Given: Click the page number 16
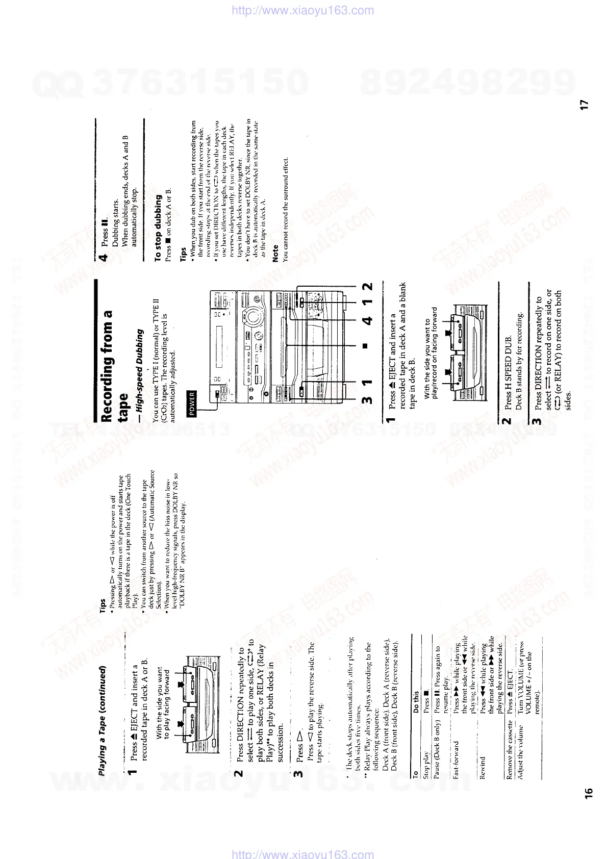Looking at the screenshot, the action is point(589,792).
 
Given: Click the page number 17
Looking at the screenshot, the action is point(585,104).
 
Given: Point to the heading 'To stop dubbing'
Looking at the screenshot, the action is point(158,226).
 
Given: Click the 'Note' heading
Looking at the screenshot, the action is point(275,254).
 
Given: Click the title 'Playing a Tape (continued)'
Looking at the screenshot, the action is point(103,720).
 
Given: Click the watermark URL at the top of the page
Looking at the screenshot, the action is point(303,10).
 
